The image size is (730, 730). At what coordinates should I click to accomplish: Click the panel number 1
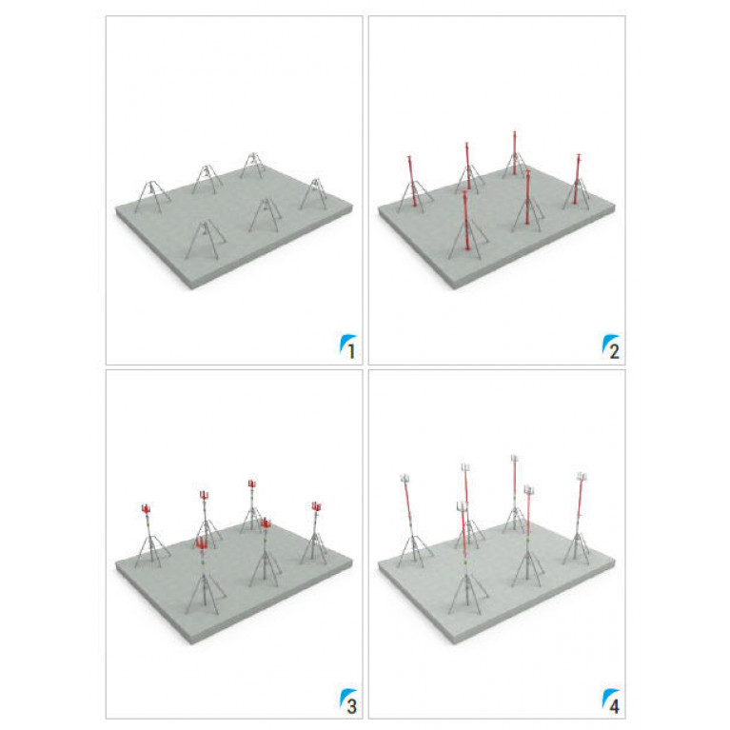tap(351, 351)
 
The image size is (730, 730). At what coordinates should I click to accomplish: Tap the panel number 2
tap(614, 351)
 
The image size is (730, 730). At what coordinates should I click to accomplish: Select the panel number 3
tap(351, 706)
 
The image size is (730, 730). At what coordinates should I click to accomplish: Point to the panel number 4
tap(614, 706)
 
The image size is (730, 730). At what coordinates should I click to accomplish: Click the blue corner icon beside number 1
tap(345, 343)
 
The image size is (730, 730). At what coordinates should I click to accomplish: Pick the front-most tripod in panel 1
tap(205, 239)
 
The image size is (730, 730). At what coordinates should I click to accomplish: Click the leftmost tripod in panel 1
tap(152, 196)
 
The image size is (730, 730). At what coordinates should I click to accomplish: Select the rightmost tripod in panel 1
tap(314, 193)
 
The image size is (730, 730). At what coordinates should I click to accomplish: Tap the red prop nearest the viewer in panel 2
tap(465, 220)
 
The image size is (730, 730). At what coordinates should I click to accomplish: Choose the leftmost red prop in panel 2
tap(411, 181)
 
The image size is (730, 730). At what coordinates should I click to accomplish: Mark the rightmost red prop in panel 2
tap(577, 178)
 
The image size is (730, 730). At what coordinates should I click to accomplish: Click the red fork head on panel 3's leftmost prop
tap(146, 508)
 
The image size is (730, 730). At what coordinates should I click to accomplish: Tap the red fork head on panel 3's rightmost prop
tap(317, 506)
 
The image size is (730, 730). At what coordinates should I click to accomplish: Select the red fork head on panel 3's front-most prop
tap(202, 543)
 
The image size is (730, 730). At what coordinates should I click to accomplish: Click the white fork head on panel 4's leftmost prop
tap(404, 477)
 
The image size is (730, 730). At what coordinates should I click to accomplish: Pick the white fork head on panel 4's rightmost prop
tap(582, 476)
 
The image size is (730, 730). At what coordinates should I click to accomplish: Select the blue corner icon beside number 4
tap(607, 698)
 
